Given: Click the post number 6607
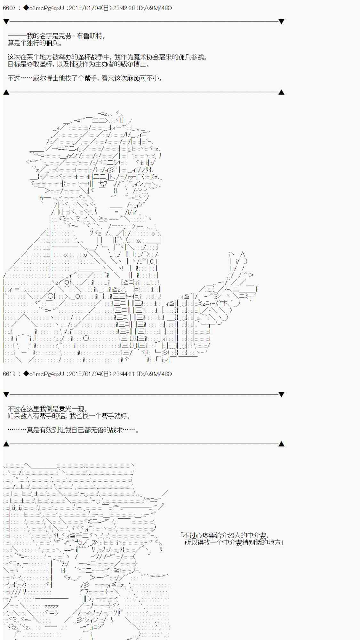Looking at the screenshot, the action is click(9, 8).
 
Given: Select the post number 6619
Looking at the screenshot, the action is click(9, 374).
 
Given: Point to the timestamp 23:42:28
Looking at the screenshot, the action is click(124, 8).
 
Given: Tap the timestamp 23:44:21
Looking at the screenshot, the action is click(124, 374).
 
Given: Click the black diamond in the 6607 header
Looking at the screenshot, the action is click(26, 8).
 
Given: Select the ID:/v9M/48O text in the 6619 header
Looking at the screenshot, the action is click(154, 374).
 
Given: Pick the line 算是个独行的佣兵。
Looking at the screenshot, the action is click(35, 43).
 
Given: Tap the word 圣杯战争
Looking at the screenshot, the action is click(91, 57).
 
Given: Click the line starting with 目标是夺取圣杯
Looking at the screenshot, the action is click(79, 64).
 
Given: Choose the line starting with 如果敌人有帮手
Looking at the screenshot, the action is click(69, 416).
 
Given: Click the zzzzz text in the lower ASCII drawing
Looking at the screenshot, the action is click(51, 606).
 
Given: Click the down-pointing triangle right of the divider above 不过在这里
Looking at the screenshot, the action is click(281, 395).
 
